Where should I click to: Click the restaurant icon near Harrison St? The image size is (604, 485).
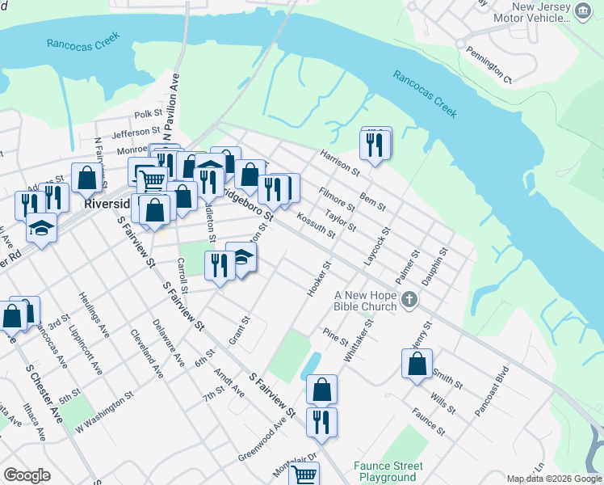375,144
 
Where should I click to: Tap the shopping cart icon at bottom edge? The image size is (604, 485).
304,474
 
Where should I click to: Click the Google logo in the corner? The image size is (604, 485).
27,475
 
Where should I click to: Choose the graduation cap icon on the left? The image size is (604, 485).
41,229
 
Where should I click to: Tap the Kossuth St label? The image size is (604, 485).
316,225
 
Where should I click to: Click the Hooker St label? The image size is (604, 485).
320,278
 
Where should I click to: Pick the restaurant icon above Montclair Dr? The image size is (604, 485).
321,421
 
